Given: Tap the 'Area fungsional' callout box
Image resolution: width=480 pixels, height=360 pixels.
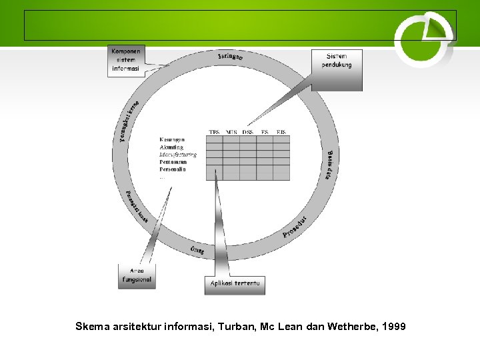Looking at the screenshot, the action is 137,274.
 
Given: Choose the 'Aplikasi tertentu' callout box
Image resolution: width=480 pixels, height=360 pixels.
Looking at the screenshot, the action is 235,285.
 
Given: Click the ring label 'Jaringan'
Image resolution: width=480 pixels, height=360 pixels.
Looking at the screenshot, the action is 230,56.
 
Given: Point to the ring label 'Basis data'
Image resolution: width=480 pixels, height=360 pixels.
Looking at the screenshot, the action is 331,166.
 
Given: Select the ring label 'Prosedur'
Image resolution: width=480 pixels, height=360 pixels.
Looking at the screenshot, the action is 294,227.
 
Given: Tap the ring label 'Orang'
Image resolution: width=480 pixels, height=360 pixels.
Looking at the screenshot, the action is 197,250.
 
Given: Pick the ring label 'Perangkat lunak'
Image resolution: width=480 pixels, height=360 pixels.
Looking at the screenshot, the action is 137,206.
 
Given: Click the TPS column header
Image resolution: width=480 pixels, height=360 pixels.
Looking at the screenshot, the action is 215,132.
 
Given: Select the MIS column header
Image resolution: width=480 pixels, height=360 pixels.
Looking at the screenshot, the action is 231,132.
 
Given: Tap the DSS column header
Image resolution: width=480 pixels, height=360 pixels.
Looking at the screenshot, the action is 248,132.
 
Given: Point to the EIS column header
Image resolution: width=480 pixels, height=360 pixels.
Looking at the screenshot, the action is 281,132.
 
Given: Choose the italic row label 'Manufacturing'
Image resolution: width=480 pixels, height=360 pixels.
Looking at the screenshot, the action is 178,155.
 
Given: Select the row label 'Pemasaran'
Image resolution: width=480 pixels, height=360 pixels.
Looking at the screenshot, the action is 173,162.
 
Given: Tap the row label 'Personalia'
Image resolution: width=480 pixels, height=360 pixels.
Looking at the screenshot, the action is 173,169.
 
